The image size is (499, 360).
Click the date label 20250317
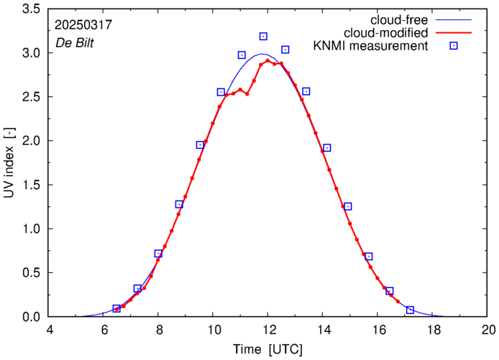pyautogui.click(x=83, y=24)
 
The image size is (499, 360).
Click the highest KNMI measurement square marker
pyautogui.click(x=263, y=36)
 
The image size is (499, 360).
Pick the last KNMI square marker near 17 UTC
pyautogui.click(x=410, y=310)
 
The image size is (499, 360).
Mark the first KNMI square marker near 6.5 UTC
pyautogui.click(x=116, y=308)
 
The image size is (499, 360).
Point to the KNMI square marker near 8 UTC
pyautogui.click(x=158, y=254)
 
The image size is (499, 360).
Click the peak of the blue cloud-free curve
pyautogui.click(x=263, y=54)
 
